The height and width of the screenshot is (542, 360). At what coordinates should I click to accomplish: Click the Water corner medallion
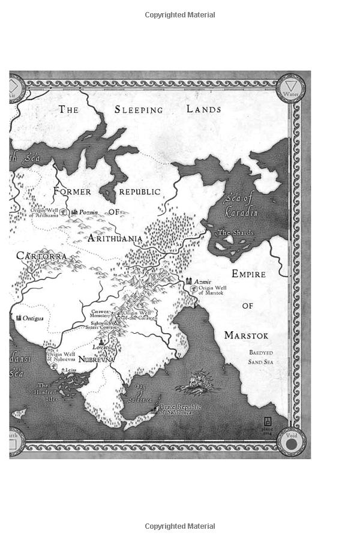[x=291, y=88]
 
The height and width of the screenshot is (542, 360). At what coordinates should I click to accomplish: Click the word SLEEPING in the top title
[x=139, y=110]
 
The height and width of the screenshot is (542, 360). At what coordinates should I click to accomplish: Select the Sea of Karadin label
[x=241, y=204]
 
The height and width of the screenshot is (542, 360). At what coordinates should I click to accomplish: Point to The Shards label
[x=236, y=232]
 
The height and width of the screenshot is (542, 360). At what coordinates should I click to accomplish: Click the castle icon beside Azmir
[x=189, y=281]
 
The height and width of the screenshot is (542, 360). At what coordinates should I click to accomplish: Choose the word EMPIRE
[x=248, y=274]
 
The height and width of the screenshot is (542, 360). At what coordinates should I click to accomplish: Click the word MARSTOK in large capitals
[x=246, y=335]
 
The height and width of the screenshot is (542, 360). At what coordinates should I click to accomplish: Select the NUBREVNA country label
[x=96, y=360]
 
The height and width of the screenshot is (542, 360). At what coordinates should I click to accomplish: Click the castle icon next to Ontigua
[x=19, y=317]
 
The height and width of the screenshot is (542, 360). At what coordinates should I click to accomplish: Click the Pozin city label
[x=88, y=212]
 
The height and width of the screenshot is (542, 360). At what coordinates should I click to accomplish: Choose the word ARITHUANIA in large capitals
[x=115, y=238]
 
